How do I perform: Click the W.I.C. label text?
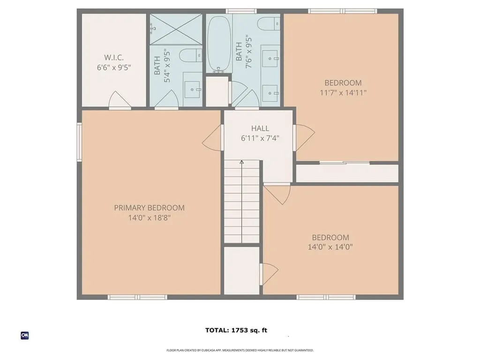point(113,57)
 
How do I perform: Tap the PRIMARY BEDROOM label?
point(149,208)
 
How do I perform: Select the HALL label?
point(260,128)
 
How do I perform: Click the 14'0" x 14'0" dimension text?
point(330,247)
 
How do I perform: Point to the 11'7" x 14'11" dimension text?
point(343,93)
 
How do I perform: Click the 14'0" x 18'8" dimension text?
point(149,217)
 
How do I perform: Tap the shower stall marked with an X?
point(175,29)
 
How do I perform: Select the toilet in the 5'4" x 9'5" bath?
point(192,55)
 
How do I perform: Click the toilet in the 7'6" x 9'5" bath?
point(270,23)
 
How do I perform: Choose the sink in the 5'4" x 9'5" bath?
point(193,89)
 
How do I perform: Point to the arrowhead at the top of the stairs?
point(242,163)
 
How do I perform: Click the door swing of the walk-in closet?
point(120,100)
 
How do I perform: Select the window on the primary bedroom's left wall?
point(79,142)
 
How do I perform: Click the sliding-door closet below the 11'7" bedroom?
point(347,173)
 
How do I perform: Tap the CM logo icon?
point(25,335)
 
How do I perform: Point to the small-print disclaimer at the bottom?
point(240,350)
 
